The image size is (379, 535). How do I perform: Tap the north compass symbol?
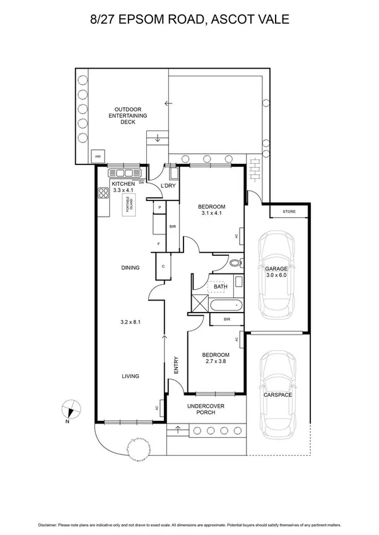71,409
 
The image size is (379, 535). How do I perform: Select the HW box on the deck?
98,156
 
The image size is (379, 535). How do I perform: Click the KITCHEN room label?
124,183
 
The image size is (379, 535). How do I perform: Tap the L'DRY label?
168,186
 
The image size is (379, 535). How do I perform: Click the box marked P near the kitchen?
160,207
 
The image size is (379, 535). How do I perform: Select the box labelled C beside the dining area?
163,267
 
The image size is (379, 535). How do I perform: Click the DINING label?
130,268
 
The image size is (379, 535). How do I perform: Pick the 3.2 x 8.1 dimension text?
130,322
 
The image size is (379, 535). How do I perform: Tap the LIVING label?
130,376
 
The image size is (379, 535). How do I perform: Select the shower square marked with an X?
199,304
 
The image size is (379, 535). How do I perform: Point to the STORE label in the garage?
289,212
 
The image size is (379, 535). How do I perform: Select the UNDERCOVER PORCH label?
202,409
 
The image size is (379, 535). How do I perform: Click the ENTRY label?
176,366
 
